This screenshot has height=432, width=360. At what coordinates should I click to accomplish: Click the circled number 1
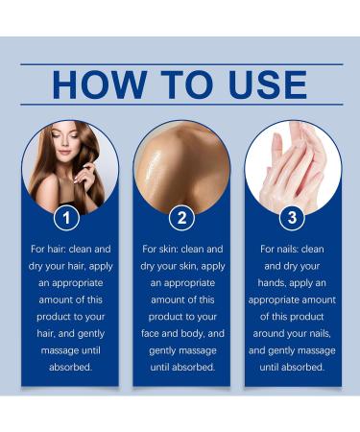pyautogui.click(x=66, y=218)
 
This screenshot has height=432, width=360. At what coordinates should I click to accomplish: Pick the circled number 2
pyautogui.click(x=180, y=218)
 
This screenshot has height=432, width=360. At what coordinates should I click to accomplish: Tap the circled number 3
pyautogui.click(x=293, y=218)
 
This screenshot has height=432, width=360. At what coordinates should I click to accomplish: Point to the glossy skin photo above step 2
pyautogui.click(x=180, y=163)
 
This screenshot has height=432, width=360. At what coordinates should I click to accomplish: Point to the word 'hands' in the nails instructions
pyautogui.click(x=270, y=283)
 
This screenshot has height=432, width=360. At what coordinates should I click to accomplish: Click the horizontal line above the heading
pyautogui.click(x=180, y=64)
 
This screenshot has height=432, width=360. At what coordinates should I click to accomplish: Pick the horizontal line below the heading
pyautogui.click(x=180, y=104)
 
